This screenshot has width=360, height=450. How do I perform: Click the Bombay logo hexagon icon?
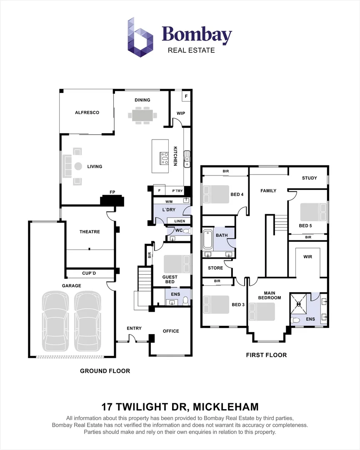140,37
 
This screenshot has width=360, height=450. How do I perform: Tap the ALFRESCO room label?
87,112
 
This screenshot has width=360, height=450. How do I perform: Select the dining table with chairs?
142,115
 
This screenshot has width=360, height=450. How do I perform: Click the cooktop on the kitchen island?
165,158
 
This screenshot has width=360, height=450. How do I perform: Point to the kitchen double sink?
187,159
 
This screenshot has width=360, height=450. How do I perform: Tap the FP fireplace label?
112,192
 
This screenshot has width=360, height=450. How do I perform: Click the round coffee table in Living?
78,166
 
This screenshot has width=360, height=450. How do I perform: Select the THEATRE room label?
90,232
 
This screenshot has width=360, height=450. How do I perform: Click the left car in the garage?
55,321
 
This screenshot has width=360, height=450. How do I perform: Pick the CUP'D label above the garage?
89,273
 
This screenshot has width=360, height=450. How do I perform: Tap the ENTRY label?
134,328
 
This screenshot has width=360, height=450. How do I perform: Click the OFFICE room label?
171,331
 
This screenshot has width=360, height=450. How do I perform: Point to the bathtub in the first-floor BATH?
208,239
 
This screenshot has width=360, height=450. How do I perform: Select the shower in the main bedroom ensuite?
298,303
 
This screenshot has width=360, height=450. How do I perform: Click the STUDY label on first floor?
310,178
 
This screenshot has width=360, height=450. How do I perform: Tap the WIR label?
307,257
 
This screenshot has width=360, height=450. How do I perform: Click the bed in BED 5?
313,212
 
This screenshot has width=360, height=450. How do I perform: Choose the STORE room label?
215,268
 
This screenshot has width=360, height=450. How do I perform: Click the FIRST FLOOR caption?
266,355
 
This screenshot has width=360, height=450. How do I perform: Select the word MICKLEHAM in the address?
226,407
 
